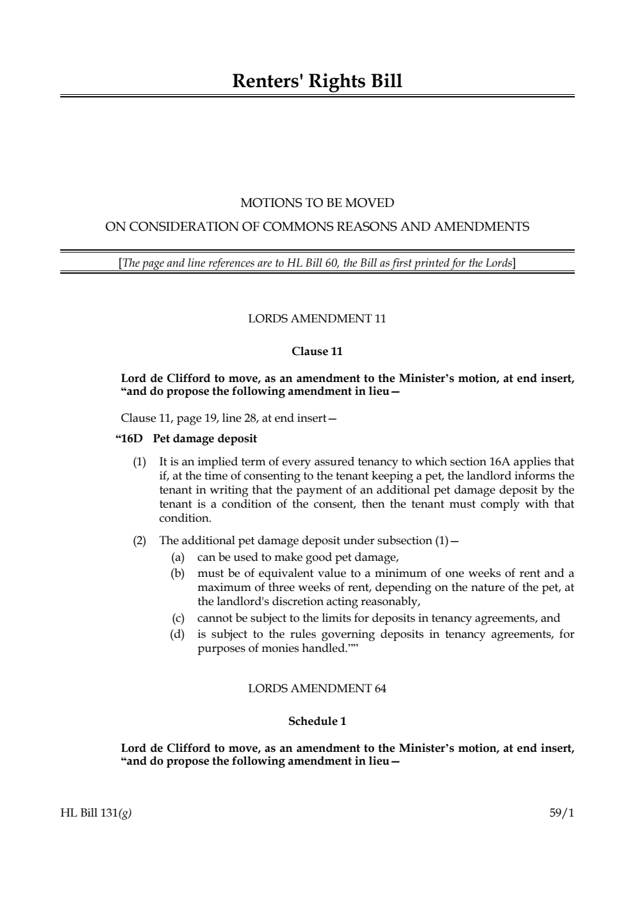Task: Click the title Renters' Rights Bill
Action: pyautogui.click(x=317, y=81)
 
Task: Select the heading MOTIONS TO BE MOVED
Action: pyautogui.click(x=317, y=203)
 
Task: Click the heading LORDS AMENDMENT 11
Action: pyautogui.click(x=317, y=319)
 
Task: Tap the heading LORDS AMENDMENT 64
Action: pyautogui.click(x=317, y=688)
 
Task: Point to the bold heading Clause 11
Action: pyautogui.click(x=317, y=351)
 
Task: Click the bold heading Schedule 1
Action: pyautogui.click(x=317, y=721)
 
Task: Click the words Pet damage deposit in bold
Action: pyautogui.click(x=205, y=439)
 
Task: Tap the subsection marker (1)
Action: pyautogui.click(x=139, y=462)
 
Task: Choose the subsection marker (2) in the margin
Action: pyautogui.click(x=139, y=540)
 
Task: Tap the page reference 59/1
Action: pyautogui.click(x=561, y=813)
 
